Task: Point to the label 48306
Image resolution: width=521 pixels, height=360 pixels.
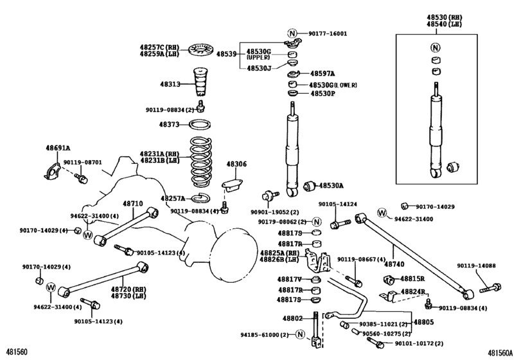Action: click(x=236, y=164)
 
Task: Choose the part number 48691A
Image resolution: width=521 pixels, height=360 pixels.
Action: click(x=58, y=147)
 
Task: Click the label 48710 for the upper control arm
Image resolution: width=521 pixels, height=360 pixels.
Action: click(x=133, y=203)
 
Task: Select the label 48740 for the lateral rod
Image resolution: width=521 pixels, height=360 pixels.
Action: click(x=394, y=264)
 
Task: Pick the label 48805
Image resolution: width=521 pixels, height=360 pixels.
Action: click(x=423, y=322)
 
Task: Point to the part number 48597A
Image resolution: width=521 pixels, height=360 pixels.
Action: click(x=324, y=74)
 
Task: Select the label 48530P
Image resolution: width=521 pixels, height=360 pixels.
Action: click(x=323, y=93)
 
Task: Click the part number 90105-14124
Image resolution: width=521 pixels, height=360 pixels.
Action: click(x=337, y=204)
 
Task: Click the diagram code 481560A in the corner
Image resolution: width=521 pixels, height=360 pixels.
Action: click(x=502, y=353)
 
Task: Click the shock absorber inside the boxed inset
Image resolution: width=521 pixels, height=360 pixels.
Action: click(x=436, y=129)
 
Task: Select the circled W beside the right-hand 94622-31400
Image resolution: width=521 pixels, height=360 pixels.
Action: click(x=382, y=213)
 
